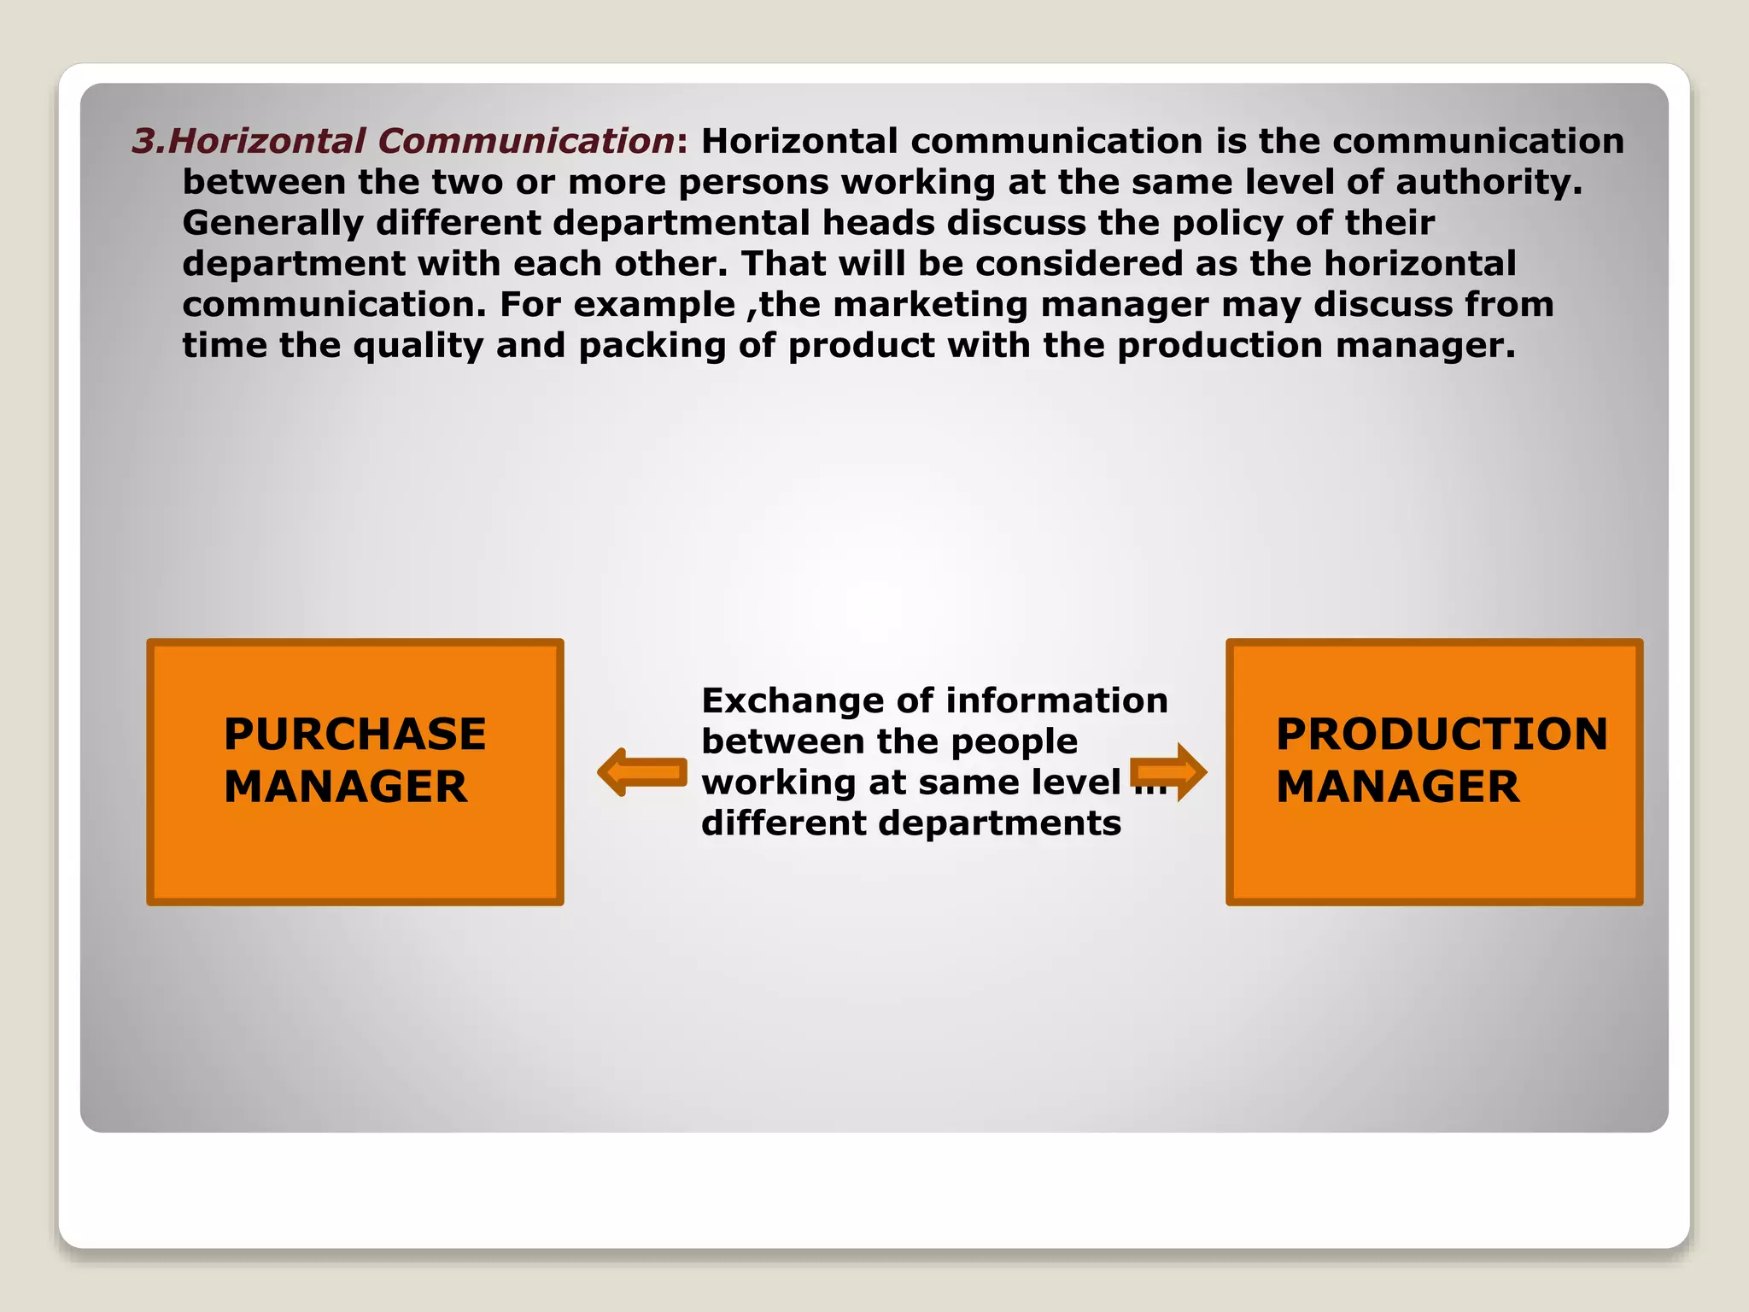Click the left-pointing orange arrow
point(642,772)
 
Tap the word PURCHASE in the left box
point(354,734)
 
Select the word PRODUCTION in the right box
point(1442,734)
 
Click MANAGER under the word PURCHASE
point(346,787)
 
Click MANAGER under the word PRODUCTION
point(1398,787)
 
